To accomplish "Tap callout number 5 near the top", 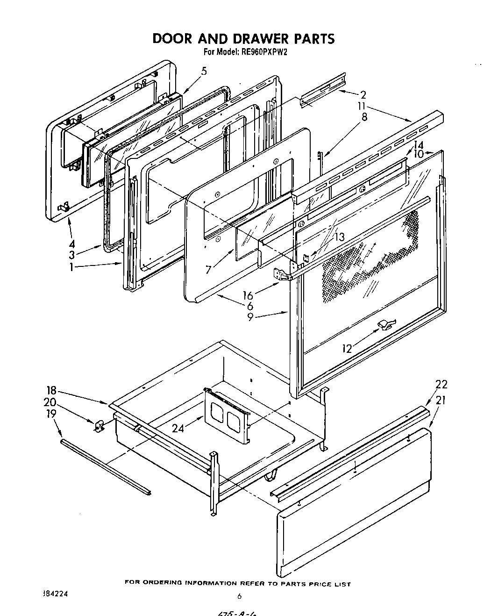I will [x=204, y=72].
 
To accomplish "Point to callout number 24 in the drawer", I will [x=178, y=428].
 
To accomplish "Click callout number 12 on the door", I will [x=347, y=349].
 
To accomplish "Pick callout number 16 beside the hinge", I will [x=248, y=295].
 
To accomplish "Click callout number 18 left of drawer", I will [x=51, y=391].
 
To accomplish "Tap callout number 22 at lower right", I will [x=441, y=384].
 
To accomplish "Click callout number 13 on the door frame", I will [x=339, y=237].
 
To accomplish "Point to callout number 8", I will [x=364, y=117].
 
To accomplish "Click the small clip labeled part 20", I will [x=99, y=425].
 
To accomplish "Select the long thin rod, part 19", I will [x=105, y=466].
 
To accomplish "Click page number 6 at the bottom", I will [x=239, y=596].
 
